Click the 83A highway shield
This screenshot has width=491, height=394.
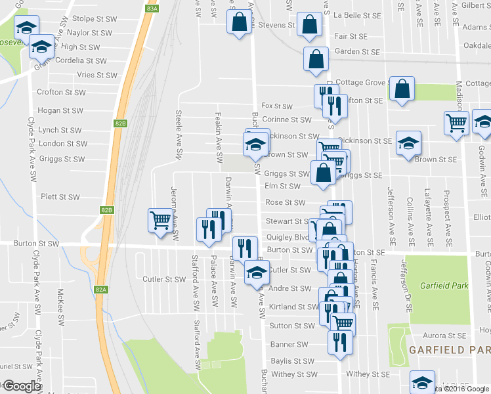(x=152, y=8)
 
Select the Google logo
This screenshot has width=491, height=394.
(x=22, y=386)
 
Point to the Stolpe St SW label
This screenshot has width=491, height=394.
(x=95, y=19)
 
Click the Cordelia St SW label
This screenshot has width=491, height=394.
(x=81, y=60)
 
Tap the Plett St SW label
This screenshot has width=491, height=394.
(x=60, y=197)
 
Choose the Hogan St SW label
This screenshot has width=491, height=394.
(x=60, y=111)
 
